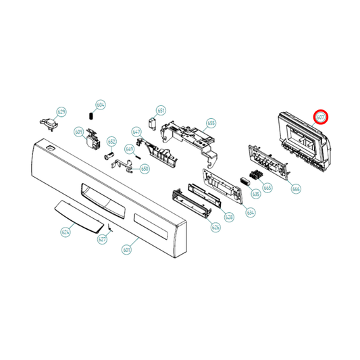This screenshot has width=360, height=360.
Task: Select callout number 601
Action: click(x=126, y=249)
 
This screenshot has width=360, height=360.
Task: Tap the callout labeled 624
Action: click(x=66, y=232)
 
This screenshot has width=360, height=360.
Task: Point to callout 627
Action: click(x=103, y=239)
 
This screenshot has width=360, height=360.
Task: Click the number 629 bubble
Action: click(x=61, y=111)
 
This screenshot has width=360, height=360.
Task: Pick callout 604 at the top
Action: click(x=101, y=105)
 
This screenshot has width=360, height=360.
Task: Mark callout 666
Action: click(x=296, y=190)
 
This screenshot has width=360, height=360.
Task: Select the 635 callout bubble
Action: click(x=255, y=194)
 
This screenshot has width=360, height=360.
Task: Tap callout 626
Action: click(x=215, y=228)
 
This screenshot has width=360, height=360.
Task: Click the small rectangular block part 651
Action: click(x=153, y=124)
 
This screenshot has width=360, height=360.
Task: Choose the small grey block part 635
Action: click(x=244, y=180)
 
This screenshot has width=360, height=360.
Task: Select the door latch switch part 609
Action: click(x=91, y=139)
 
